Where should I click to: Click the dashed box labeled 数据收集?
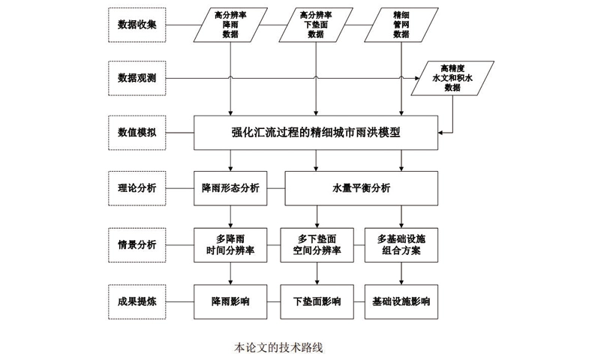(x=137, y=24)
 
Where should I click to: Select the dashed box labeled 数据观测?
(x=137, y=77)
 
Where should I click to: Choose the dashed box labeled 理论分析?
(x=137, y=187)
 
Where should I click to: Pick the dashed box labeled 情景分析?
(x=137, y=244)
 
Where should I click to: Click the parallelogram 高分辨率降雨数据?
(x=230, y=24)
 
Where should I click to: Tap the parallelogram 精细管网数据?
(x=401, y=24)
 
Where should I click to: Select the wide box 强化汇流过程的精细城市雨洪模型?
(x=316, y=132)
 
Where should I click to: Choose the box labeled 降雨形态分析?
(x=230, y=187)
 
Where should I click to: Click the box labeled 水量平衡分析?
(x=360, y=187)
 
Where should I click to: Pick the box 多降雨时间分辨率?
(x=230, y=244)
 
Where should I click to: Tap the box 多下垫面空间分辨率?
(x=317, y=244)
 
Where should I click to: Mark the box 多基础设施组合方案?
(x=401, y=244)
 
